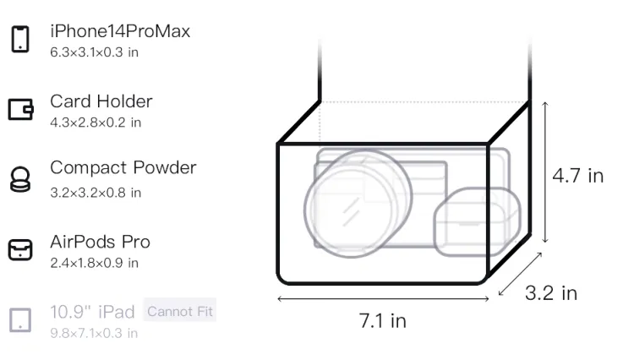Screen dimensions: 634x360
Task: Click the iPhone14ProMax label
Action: (x=120, y=31)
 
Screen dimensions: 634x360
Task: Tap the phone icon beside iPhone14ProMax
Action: (x=20, y=39)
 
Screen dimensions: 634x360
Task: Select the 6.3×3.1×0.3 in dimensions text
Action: (x=94, y=52)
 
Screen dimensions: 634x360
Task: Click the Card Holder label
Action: (x=101, y=101)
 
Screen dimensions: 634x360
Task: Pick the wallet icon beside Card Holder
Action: (x=20, y=109)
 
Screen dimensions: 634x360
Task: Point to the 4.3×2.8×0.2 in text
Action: (x=96, y=123)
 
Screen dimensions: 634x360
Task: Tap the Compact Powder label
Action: (x=123, y=167)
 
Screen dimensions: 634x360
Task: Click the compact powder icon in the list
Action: (x=20, y=179)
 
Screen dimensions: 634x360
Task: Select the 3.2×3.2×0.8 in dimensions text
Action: (x=96, y=193)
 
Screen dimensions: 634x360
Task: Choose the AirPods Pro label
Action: (x=101, y=242)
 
